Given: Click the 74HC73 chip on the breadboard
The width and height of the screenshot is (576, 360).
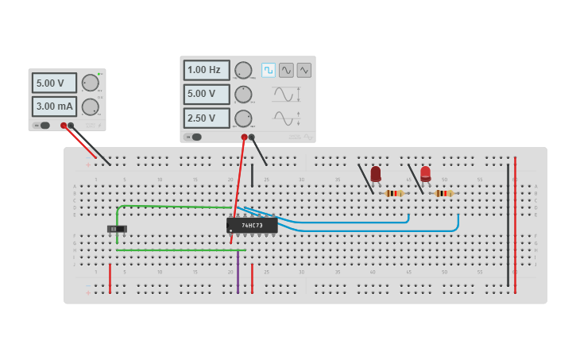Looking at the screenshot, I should click(252, 225).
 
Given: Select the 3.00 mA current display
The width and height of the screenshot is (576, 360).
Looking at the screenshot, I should click(54, 106).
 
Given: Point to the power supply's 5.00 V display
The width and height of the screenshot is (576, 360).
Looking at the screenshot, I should click(54, 83).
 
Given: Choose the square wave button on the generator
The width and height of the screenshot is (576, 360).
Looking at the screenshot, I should click(269, 70).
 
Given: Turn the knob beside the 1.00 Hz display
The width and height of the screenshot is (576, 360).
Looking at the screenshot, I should click(243, 70).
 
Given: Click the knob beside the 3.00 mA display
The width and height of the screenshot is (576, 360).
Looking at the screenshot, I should click(91, 106).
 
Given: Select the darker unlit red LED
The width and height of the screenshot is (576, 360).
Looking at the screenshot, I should click(376, 173).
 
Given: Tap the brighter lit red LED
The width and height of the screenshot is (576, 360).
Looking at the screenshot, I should click(426, 172).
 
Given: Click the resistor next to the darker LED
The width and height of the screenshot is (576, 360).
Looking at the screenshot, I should click(393, 193).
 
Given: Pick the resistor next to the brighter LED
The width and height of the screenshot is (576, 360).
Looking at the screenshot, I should click(443, 193).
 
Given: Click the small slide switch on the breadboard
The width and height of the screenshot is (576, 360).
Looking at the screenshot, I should click(117, 229).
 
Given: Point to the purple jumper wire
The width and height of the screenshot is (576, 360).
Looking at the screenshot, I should click(238, 273).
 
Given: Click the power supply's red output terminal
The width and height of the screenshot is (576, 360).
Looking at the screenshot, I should click(64, 126).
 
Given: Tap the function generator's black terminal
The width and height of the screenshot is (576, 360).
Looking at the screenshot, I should click(252, 137).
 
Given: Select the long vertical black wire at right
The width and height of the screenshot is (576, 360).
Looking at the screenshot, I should click(508, 223).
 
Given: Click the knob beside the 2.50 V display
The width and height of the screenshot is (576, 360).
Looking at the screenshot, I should click(243, 118).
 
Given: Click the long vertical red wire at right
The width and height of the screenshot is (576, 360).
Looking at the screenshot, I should click(515, 223).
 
